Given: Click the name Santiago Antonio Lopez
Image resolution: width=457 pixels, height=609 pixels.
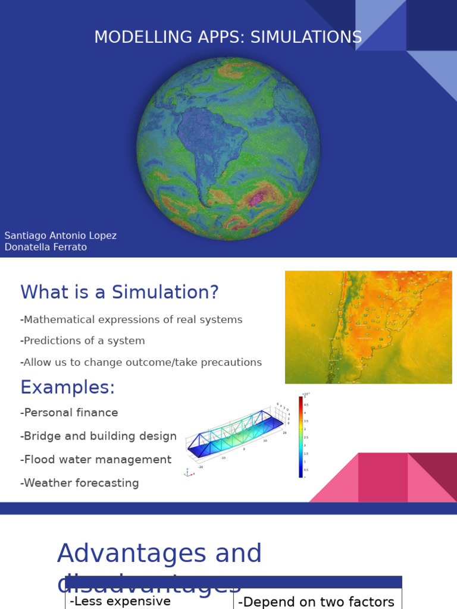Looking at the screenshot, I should coord(61,236).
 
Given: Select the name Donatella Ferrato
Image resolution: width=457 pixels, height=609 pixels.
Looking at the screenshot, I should coord(46,247).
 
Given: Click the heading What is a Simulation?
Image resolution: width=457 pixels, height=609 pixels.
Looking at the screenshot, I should coord(120,292).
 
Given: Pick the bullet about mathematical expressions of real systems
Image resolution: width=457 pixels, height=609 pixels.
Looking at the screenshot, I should coord(132,319).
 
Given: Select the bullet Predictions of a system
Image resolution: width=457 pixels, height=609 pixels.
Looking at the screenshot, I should coord(83,341).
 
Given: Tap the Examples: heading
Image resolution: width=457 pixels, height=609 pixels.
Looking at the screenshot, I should coord(68,387).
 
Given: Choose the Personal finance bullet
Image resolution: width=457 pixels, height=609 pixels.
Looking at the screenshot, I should coord(70,413).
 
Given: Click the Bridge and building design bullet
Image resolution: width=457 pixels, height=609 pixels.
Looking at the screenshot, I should coord(99,436).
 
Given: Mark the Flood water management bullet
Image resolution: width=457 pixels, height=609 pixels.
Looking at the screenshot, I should coord(96,460).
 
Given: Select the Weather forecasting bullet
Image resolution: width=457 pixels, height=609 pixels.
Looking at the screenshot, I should coord(80,483).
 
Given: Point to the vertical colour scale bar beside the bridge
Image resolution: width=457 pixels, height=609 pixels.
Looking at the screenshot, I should coord(301,437).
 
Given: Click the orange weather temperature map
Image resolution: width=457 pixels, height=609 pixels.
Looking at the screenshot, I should coord(368,327).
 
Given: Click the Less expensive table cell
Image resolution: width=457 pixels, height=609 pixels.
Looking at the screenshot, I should coord(121,601).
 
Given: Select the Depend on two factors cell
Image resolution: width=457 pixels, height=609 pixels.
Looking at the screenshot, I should coord(316,602).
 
